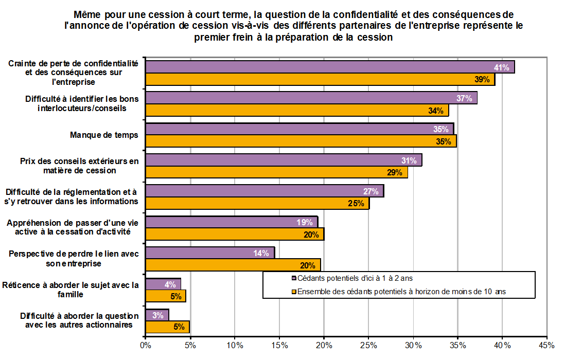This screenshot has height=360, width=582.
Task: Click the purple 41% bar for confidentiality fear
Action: point(329,67)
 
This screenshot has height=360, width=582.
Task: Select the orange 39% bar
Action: point(319,80)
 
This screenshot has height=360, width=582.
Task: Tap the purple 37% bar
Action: point(311,98)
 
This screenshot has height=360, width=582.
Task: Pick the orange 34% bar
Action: point(296,111)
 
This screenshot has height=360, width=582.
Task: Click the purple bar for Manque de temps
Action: point(299,129)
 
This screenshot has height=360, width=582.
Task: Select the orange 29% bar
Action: point(276,172)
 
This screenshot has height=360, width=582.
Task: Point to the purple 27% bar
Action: point(264,191)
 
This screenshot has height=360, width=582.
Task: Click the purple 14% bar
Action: point(209,253)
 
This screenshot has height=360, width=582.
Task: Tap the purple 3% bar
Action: point(157,315)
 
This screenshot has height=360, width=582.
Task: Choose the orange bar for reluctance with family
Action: point(165,296)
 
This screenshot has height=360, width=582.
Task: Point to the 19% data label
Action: point(305,222)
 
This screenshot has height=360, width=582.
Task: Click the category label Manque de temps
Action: point(104,135)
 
